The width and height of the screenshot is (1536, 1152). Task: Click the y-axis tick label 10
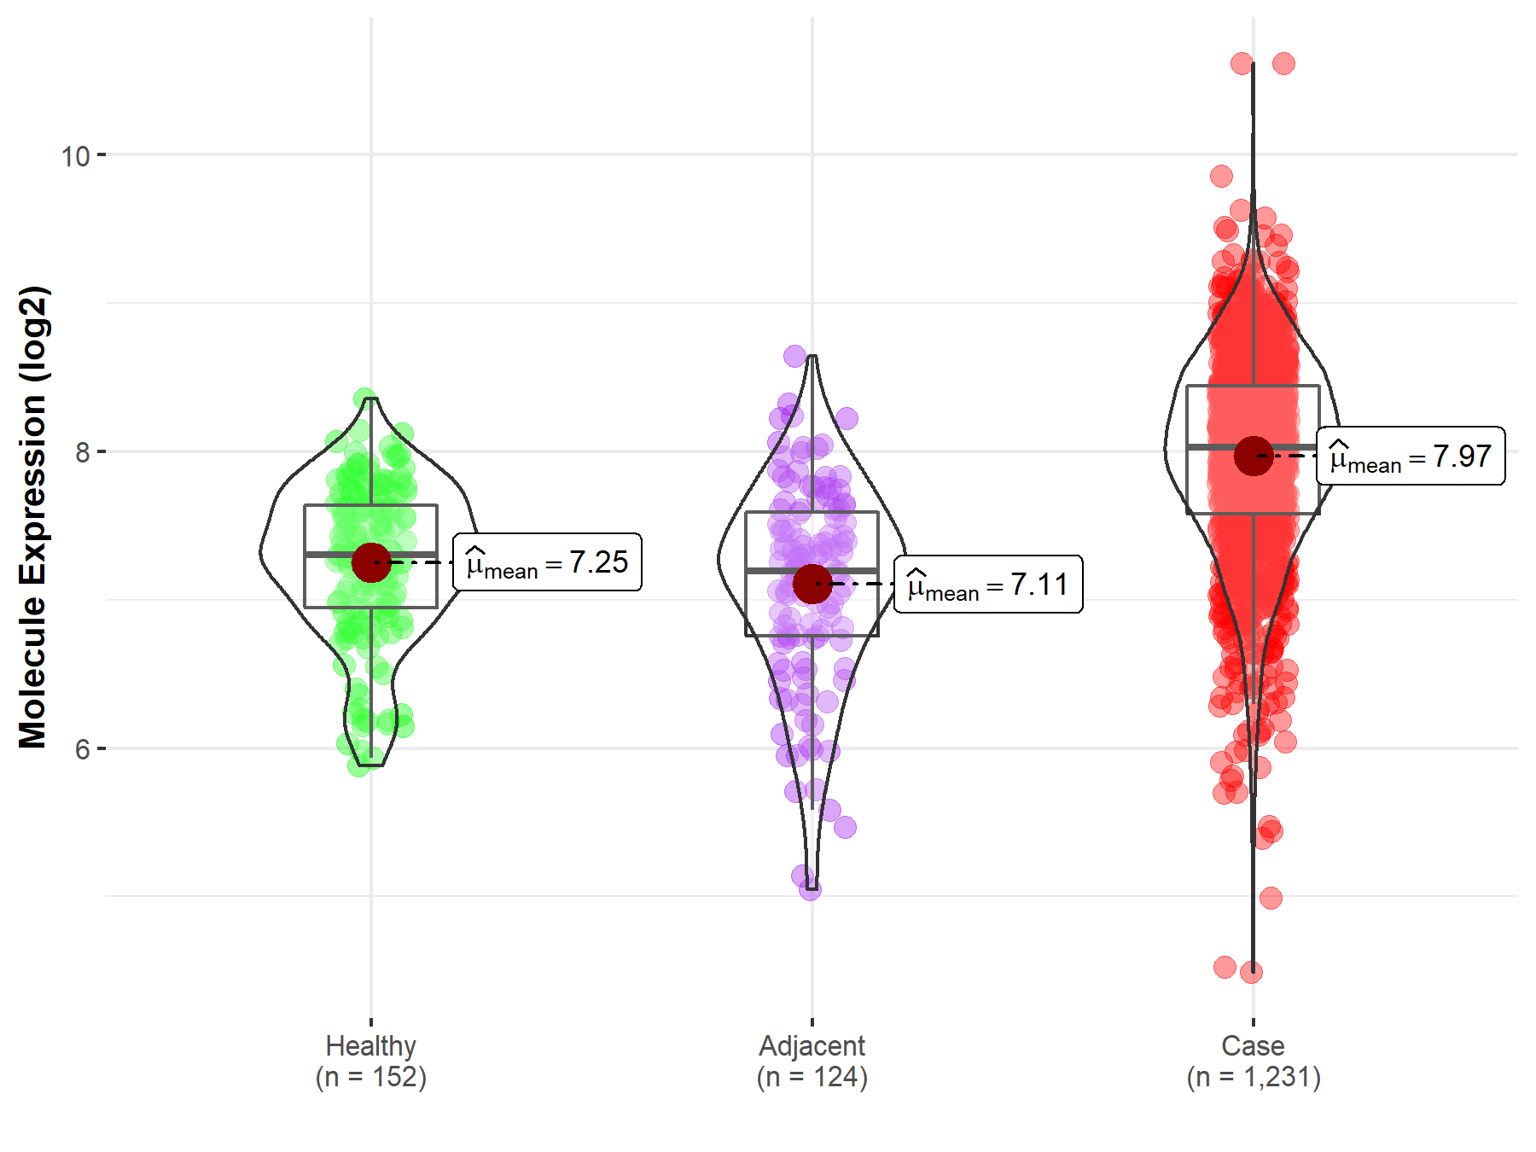click(75, 156)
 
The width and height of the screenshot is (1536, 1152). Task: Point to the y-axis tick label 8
click(82, 452)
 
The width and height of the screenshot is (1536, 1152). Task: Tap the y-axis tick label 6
click(82, 749)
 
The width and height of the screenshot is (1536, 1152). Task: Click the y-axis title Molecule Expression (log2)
click(33, 517)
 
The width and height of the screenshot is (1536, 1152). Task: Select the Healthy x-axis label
click(370, 1045)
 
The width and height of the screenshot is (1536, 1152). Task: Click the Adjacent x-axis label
click(812, 1045)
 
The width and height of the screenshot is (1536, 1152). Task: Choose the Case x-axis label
click(1252, 1045)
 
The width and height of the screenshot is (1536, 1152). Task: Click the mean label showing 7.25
click(547, 562)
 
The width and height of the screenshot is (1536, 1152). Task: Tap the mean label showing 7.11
click(988, 585)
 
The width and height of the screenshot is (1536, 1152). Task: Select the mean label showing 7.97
click(1411, 457)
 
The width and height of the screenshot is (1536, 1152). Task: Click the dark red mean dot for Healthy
click(371, 562)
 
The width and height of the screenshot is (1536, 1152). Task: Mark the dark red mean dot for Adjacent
click(812, 584)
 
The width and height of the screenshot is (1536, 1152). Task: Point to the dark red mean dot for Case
click(1253, 456)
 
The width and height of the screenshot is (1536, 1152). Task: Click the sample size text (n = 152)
click(370, 1077)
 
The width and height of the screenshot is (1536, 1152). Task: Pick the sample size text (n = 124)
click(812, 1077)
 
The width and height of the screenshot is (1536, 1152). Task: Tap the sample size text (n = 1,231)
click(1253, 1077)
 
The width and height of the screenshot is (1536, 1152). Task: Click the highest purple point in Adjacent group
click(795, 356)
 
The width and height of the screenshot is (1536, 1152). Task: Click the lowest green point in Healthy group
click(358, 765)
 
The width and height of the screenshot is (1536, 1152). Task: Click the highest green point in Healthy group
click(364, 399)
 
